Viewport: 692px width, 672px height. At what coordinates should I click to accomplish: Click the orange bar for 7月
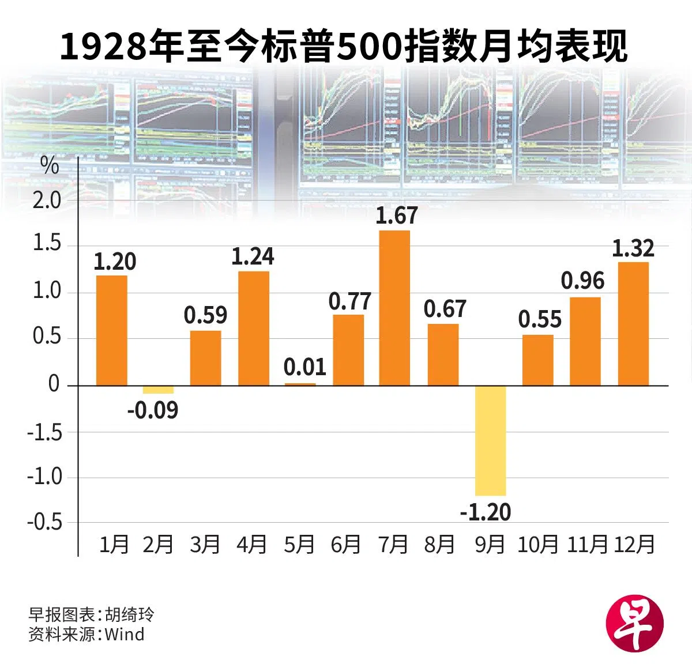click(x=394, y=308)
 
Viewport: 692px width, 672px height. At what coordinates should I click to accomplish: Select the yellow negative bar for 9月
click(x=490, y=440)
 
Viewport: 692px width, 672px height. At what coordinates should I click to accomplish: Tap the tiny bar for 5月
click(x=300, y=384)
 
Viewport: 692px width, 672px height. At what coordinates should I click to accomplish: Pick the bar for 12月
click(x=633, y=323)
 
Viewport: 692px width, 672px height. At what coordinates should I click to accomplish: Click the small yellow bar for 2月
click(x=158, y=390)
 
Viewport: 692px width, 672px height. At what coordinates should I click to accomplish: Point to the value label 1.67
click(x=396, y=216)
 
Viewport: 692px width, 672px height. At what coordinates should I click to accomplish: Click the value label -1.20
click(x=486, y=512)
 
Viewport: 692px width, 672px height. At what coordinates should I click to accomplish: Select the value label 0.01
click(x=305, y=367)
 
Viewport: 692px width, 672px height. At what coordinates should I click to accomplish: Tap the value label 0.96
click(x=582, y=281)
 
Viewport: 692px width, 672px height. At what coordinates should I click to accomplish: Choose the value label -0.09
click(x=153, y=410)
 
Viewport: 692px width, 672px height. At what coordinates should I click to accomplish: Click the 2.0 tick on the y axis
click(x=47, y=201)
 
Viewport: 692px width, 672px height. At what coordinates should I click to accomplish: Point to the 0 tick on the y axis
click(x=54, y=384)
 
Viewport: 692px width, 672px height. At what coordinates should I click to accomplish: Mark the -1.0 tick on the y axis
click(x=44, y=477)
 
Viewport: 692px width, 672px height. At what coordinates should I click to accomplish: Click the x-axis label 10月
click(x=537, y=545)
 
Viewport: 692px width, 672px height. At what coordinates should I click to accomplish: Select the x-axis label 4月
click(x=252, y=545)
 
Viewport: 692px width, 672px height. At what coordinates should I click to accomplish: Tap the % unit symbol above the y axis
click(x=50, y=166)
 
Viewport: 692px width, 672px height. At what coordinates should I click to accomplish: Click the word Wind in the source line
click(x=125, y=635)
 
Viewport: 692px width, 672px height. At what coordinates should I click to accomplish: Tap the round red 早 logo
click(x=634, y=625)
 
